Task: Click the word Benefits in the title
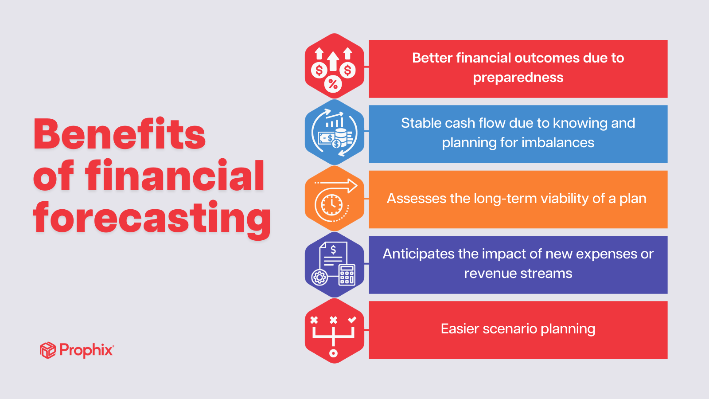[120, 135]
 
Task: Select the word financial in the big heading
[175, 176]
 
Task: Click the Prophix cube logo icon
[47, 350]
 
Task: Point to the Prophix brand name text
[86, 350]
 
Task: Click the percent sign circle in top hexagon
[333, 84]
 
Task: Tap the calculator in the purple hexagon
[347, 274]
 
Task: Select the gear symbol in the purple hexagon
[319, 278]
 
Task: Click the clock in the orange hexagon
[331, 205]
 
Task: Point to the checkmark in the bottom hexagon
[352, 320]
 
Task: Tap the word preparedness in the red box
[518, 78]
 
